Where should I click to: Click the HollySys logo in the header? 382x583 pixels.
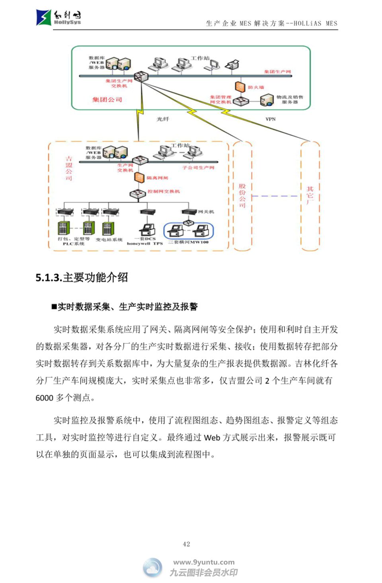58,18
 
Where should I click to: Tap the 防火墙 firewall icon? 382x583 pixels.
239,87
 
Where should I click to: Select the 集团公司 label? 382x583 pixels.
107,99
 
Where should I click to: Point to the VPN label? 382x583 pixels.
271,119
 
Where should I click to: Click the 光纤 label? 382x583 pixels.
163,119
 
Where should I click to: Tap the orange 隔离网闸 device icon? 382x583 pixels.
139,177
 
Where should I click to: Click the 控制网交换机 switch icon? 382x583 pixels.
138,193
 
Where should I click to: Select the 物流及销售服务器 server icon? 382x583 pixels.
267,99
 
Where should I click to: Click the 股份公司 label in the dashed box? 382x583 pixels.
242,195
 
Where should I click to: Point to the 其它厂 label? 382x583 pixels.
310,195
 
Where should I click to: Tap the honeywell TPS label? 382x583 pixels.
145,244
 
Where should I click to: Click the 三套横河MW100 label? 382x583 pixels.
189,242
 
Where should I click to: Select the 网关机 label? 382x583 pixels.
206,212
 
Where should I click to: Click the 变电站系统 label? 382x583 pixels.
109,240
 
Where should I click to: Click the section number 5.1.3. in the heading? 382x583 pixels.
49,277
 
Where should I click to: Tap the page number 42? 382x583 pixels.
186,544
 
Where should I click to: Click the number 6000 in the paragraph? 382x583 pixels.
44,398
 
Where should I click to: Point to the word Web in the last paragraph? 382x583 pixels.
212,438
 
